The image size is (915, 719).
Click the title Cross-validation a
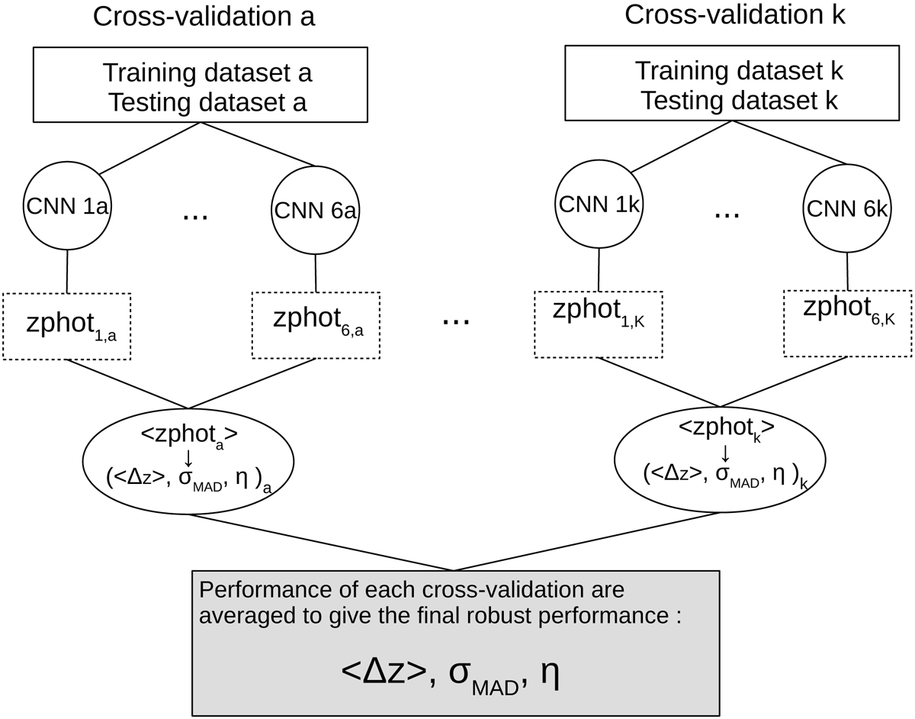point(204,17)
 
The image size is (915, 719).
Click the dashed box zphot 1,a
point(67,326)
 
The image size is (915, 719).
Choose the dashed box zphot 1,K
point(597,323)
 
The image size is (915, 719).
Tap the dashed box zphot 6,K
point(848,323)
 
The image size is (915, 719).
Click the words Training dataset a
point(207,74)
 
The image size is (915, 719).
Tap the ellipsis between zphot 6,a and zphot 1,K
point(456,321)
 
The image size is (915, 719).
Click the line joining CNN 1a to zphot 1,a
point(68,271)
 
